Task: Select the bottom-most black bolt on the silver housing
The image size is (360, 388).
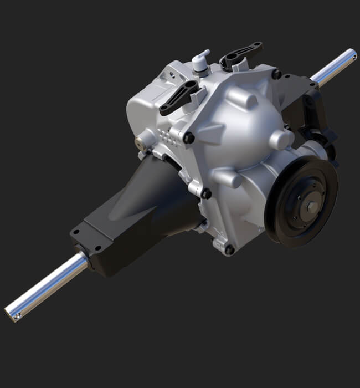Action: [x=229, y=249]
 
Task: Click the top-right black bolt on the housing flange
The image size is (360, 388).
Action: [x=276, y=74]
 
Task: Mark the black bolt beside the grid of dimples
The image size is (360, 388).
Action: [x=189, y=137]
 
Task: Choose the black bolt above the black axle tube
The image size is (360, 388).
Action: [x=206, y=193]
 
